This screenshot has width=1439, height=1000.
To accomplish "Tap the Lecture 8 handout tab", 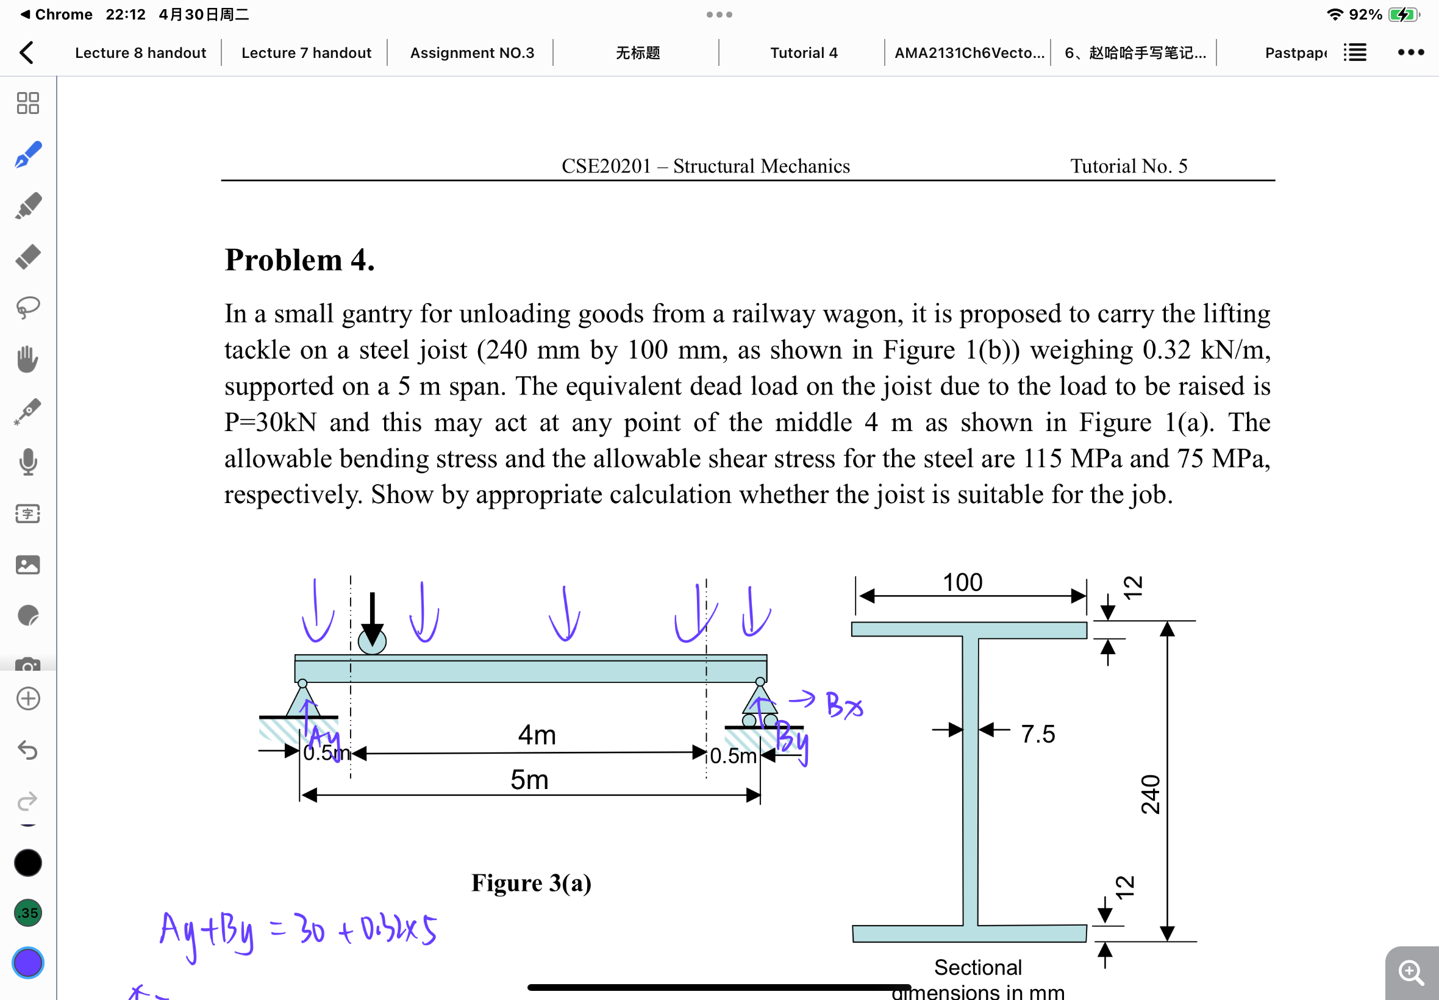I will point(140,52).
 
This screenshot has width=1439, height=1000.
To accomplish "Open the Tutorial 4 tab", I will point(803,52).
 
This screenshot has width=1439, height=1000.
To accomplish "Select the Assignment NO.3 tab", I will point(472,52).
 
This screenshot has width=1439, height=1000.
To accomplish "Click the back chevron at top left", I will point(26,52).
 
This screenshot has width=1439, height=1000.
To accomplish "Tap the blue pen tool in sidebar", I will point(28,155).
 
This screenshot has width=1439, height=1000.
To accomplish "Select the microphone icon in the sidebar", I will point(28,462).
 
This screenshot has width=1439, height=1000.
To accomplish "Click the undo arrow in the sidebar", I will point(28,749).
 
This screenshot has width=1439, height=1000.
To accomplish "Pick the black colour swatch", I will point(28,863).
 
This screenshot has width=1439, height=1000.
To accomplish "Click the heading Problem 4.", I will point(299,260).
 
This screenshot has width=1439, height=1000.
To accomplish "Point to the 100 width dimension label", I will point(962,583).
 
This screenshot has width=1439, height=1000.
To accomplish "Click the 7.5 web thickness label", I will point(1037,734).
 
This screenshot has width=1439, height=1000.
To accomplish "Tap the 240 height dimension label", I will point(1150,794).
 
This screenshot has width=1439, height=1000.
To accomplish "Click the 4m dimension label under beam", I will point(537,734).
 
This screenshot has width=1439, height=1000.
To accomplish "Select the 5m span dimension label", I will point(529,780).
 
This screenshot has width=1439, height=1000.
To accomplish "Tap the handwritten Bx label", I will point(843,705).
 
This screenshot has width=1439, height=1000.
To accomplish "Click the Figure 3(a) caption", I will point(531,883).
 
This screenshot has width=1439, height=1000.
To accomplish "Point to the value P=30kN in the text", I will point(271,423).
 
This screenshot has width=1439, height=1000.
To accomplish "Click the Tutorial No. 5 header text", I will point(1128,166).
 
